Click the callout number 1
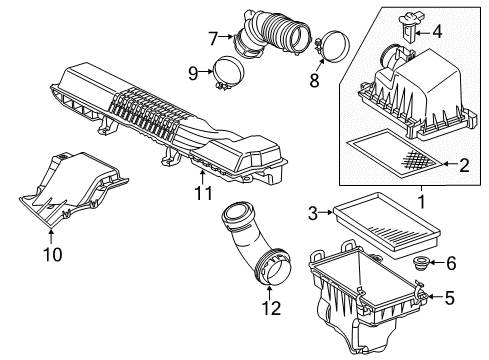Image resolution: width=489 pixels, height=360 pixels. pyautogui.click(x=420, y=201)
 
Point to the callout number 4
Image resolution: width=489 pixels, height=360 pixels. pyautogui.click(x=436, y=32)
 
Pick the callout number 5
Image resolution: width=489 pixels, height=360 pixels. pyautogui.click(x=448, y=296)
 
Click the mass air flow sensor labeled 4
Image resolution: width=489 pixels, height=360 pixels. pyautogui.click(x=408, y=23)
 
